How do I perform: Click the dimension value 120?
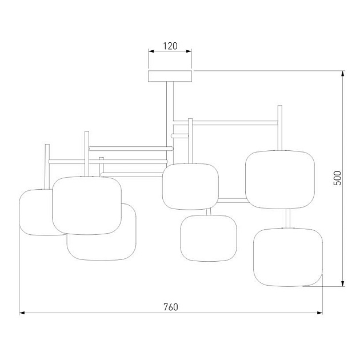point(170,46)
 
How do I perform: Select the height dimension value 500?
point(338,178)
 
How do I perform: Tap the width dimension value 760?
point(171,307)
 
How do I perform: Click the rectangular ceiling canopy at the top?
point(170,76)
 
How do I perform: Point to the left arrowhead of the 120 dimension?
point(151,51)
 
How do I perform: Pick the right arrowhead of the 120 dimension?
point(189,51)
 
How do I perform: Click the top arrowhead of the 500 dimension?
point(342,74)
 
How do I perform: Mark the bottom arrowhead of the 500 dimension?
point(342,283)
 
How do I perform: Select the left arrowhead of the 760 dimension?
point(22,313)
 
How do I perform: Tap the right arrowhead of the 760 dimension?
point(319,313)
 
